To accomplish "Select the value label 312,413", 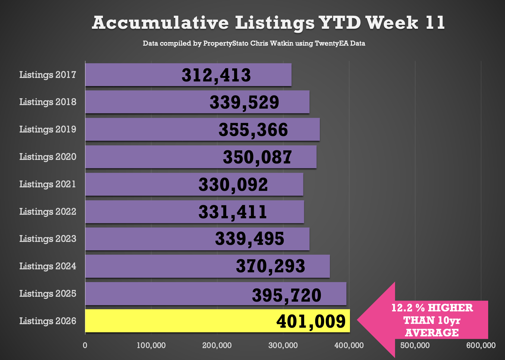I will click(216, 75).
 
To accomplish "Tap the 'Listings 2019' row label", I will click(48, 129).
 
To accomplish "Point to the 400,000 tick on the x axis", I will click(349, 345).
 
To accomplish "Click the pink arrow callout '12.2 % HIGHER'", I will click(432, 320).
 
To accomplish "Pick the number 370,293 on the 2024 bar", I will click(270, 266).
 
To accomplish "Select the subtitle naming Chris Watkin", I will click(254, 43).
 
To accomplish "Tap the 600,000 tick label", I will click(481, 345).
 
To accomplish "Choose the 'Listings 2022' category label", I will click(48, 211).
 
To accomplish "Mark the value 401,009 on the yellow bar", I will click(311, 321).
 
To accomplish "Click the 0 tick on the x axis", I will click(85, 345).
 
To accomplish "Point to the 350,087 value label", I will click(257, 157).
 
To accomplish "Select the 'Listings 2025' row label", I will click(48, 294).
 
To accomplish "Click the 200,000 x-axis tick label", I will click(217, 345).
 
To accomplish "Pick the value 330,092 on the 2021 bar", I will click(233, 185).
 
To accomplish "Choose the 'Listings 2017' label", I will click(48, 75).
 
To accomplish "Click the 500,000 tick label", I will click(415, 345).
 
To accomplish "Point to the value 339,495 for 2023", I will click(250, 239).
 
